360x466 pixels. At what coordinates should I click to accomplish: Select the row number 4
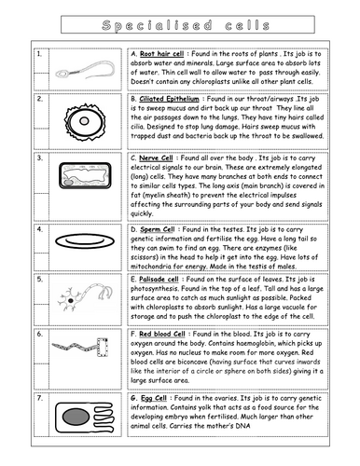tap(38, 228)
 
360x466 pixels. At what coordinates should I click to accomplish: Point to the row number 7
tap(38, 399)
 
